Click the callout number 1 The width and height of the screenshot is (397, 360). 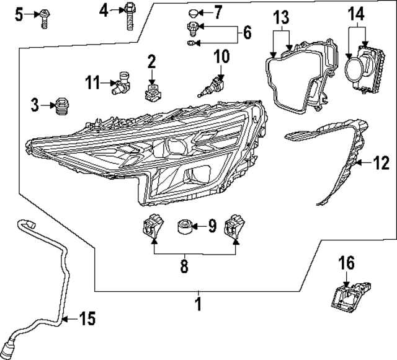[198, 304]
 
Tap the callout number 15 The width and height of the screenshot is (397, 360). [87, 319]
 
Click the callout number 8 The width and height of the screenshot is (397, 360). [184, 266]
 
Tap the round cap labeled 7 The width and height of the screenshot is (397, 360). [194, 12]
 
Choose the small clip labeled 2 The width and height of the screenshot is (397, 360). [151, 92]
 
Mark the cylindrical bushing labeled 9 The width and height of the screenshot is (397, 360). [184, 226]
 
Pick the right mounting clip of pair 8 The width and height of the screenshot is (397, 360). [234, 227]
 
